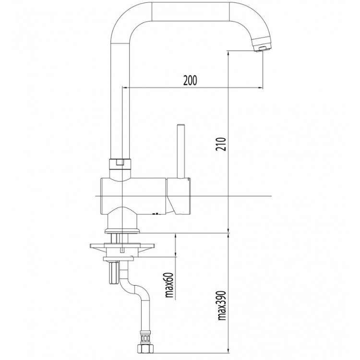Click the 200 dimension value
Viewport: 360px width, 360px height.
190,80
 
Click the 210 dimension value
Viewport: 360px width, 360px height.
221,144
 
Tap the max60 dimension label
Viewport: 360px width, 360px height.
169,285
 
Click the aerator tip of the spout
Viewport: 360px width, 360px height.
261,48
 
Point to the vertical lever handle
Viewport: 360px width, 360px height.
181,151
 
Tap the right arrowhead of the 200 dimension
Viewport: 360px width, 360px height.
260,87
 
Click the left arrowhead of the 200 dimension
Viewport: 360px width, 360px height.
125,87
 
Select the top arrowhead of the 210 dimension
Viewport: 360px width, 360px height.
228,53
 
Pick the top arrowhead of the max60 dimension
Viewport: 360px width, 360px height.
176,236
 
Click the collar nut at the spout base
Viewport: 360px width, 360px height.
120,164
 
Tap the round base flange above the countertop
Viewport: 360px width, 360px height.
122,230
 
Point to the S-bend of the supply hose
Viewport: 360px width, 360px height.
134,288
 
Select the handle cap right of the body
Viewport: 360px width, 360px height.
178,196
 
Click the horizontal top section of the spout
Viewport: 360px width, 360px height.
191,11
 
